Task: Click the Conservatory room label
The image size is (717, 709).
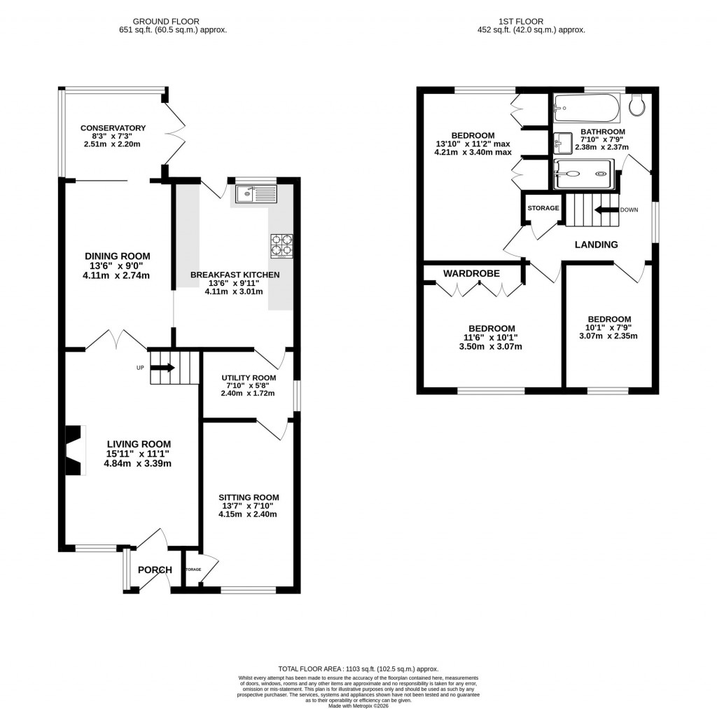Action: [113, 128]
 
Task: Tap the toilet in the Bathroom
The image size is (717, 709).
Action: [638, 106]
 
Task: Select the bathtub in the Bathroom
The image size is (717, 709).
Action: [586, 109]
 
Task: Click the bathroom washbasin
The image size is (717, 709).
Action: [563, 144]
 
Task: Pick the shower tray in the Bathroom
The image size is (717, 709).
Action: [586, 173]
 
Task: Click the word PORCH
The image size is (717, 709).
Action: [155, 570]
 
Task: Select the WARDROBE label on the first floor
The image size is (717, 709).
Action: [471, 273]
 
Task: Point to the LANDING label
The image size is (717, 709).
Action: [596, 245]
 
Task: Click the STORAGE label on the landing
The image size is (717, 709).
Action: [543, 208]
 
